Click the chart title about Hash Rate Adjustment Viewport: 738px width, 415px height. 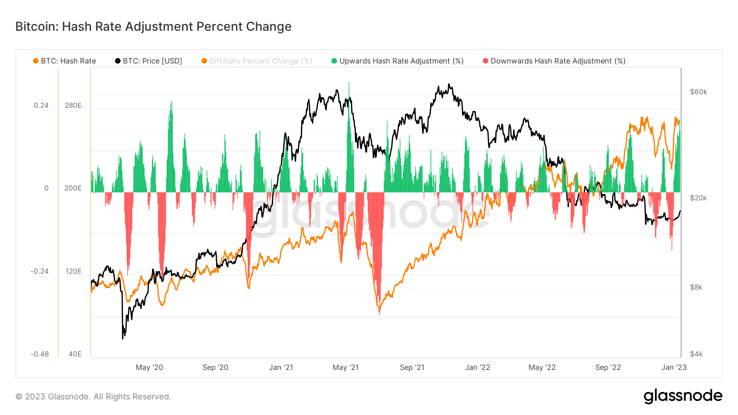(x=153, y=27)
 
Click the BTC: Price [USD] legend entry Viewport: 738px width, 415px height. (x=148, y=61)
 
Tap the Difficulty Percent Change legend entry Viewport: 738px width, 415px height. (x=257, y=61)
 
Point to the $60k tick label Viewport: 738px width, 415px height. (x=698, y=92)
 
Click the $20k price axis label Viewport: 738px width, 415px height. (x=698, y=198)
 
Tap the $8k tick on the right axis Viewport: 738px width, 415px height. (x=696, y=287)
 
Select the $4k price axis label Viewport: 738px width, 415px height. (x=696, y=354)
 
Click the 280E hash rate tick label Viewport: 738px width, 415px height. (x=73, y=105)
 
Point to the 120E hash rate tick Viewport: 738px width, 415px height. (x=73, y=271)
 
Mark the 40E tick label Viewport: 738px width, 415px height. (x=75, y=354)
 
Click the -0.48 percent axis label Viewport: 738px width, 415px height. (x=39, y=354)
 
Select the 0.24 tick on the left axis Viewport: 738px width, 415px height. (x=41, y=105)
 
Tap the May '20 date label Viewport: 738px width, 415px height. (x=149, y=367)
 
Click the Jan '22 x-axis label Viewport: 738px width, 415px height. (x=477, y=367)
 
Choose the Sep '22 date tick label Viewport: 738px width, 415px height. (x=608, y=367)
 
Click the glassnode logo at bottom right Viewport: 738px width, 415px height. (x=683, y=396)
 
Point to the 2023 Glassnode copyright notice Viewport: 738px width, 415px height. (x=93, y=397)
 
